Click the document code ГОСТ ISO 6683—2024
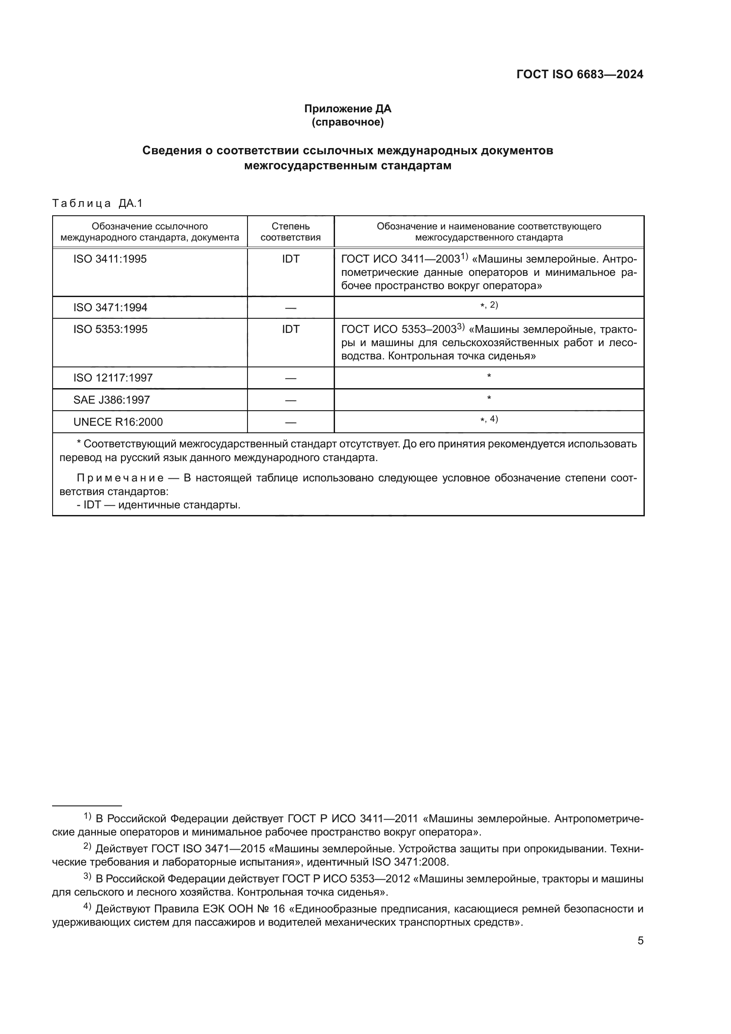[x=579, y=75]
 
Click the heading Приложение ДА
[x=347, y=109]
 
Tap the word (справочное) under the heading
[x=347, y=122]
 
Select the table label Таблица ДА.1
[x=97, y=203]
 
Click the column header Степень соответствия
[x=290, y=232]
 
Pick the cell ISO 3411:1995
[x=110, y=259]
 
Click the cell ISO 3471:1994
[x=110, y=308]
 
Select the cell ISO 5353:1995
[x=110, y=329]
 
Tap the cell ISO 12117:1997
[x=113, y=378]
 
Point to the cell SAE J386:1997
[x=112, y=400]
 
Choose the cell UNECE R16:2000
[x=118, y=422]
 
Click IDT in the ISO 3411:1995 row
[x=290, y=259]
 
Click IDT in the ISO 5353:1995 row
[x=290, y=329]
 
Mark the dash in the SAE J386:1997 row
[x=290, y=401]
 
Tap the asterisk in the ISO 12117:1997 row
[x=489, y=376]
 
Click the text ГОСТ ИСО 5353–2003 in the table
[x=399, y=330]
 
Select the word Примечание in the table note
[x=120, y=478]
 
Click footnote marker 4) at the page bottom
[x=88, y=907]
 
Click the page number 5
[x=640, y=941]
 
